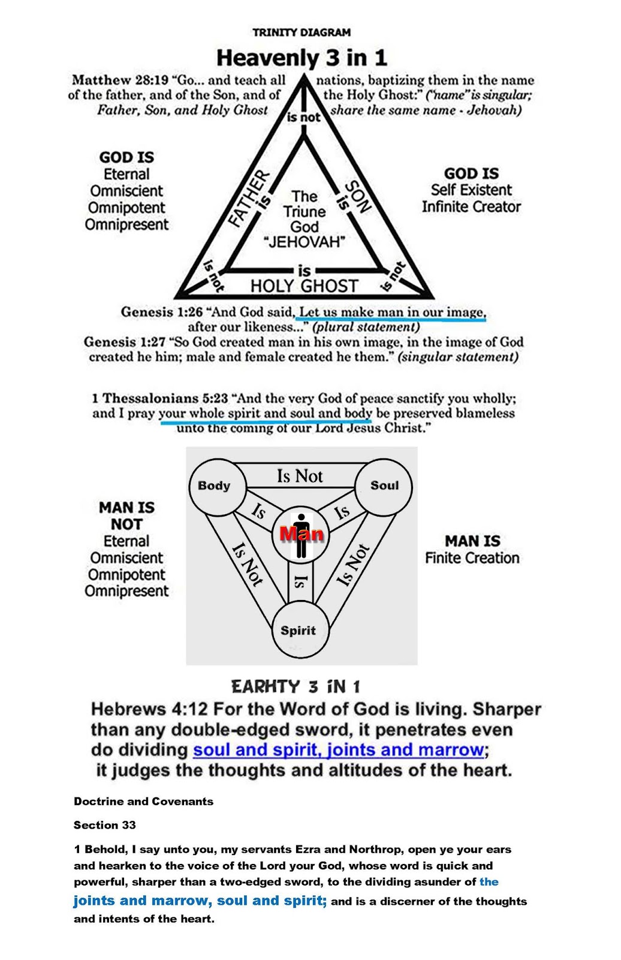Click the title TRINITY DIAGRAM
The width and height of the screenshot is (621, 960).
(302, 32)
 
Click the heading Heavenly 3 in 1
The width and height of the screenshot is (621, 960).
(302, 58)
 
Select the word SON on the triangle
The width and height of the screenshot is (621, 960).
(358, 197)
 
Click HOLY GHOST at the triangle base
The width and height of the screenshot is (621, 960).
(304, 286)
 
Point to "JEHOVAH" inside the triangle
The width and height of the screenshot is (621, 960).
(305, 242)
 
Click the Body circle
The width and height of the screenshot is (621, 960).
(215, 486)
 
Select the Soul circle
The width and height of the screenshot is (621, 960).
(384, 485)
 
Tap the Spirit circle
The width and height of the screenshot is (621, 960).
(299, 631)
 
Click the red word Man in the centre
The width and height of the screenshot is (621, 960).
(302, 533)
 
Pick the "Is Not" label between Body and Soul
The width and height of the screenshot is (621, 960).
(300, 476)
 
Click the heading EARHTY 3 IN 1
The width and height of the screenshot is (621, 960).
(296, 686)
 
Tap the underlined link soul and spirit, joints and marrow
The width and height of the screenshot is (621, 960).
(338, 750)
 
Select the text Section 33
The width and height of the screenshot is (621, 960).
(105, 825)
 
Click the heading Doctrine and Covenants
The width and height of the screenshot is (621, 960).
(143, 802)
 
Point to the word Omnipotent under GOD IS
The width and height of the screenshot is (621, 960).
(126, 208)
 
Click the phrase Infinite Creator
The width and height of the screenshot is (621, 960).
(471, 207)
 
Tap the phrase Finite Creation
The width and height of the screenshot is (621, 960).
(472, 558)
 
